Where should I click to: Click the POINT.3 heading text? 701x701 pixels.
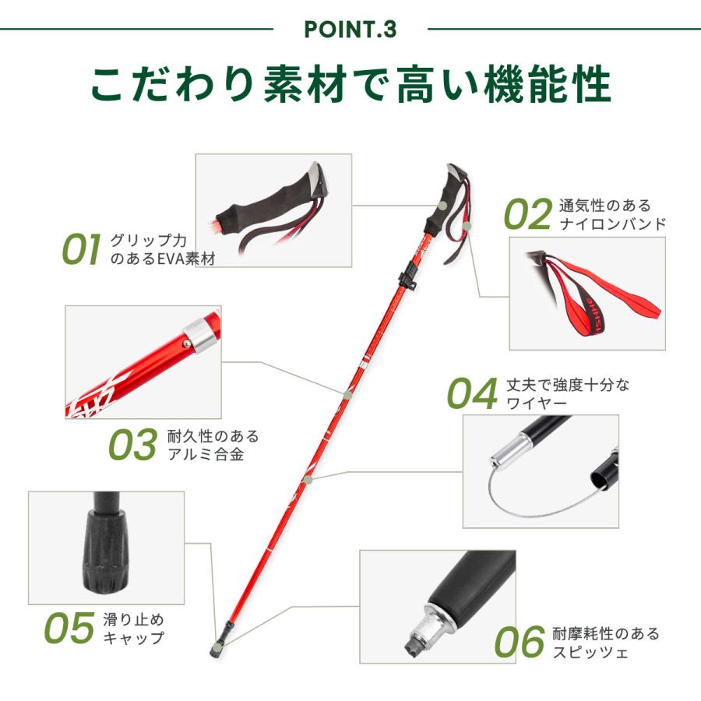(350, 30)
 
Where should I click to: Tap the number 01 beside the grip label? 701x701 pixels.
(81, 249)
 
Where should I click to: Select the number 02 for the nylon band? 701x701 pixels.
(528, 214)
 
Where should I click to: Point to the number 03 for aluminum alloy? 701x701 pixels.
(132, 445)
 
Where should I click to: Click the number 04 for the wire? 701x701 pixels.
(473, 393)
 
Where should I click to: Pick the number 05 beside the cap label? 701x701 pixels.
(69, 628)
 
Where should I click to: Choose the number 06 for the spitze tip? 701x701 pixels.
(520, 642)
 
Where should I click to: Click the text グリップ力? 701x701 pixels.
(149, 241)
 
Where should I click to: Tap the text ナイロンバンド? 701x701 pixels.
(612, 224)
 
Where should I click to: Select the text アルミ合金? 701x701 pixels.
(206, 454)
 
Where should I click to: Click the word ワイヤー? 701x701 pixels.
(537, 403)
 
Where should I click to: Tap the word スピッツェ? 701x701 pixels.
(590, 652)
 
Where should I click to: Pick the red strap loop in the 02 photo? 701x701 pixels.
(599, 294)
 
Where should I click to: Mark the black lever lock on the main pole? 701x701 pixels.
(407, 277)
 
